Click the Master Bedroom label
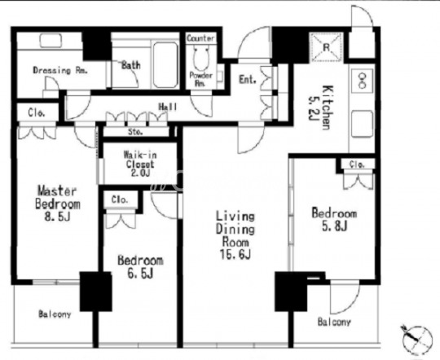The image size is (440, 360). tap(58, 198)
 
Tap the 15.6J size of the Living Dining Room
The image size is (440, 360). tap(235, 255)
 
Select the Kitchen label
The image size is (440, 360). tap(325, 108)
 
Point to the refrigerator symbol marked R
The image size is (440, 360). tap(327, 47)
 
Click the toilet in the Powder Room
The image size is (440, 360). tap(201, 58)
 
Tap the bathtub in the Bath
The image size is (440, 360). tap(165, 64)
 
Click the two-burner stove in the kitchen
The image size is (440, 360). tap(363, 81)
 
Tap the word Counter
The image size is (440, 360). tap(201, 38)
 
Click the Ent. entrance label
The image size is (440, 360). tap(248, 80)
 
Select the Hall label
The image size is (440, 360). tap(168, 107)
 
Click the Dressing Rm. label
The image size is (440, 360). tap(60, 70)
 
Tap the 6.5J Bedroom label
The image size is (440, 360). tap(140, 266)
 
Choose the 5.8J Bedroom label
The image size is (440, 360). tap(334, 219)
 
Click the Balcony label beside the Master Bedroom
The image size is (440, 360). tap(55, 314)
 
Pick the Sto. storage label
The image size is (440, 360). tap(135, 132)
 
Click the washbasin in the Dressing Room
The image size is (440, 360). tap(51, 41)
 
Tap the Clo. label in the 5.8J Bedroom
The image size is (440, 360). tap(357, 165)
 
